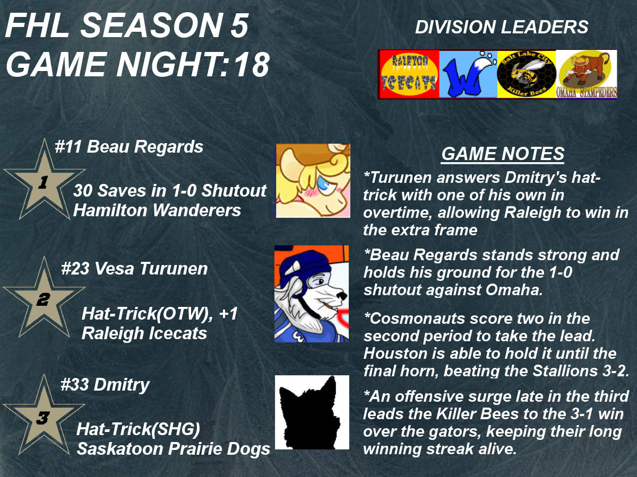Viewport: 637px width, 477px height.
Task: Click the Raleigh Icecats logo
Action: [x=409, y=74]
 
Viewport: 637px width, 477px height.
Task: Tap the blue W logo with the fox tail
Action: [x=468, y=74]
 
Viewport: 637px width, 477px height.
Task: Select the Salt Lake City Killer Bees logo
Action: [x=527, y=74]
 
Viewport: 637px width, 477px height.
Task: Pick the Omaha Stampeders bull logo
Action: [x=587, y=74]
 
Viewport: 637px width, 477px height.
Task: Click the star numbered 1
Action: [x=44, y=182]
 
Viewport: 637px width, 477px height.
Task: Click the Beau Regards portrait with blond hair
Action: [x=313, y=180]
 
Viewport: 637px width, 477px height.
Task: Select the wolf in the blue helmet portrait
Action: [x=312, y=294]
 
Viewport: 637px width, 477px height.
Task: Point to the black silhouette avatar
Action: [x=312, y=412]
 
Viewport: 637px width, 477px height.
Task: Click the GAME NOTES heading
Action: [x=503, y=154]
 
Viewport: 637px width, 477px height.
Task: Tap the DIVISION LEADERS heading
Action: [x=502, y=27]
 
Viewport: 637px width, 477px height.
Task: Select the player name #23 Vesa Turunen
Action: [x=134, y=269]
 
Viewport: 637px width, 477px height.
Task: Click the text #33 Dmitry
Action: [x=105, y=385]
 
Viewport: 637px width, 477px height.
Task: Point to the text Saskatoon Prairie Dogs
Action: [x=173, y=448]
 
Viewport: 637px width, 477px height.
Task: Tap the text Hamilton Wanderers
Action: [x=157, y=210]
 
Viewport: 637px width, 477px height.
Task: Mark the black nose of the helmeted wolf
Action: [x=342, y=296]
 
